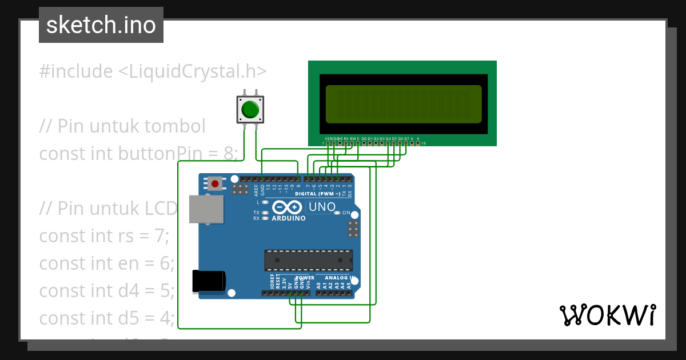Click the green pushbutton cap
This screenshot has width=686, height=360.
pos(250,109)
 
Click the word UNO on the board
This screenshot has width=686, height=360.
pos(322,207)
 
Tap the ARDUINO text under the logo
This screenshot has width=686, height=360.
pos(289,218)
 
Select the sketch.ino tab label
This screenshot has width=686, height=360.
pos(101,25)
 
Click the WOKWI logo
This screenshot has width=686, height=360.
pos(607,315)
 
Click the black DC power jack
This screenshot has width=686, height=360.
pos(208,281)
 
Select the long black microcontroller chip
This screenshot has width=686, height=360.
pos(308,260)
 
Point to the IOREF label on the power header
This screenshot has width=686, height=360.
pos(272,281)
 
